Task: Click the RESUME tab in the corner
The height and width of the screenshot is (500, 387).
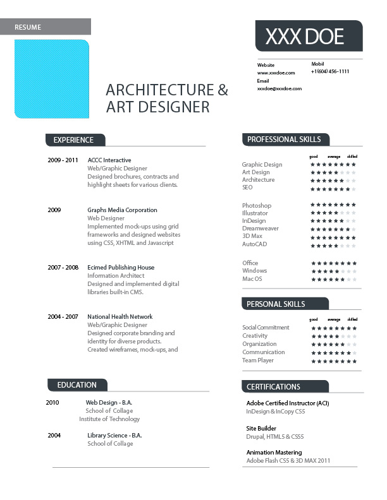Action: pos(28,27)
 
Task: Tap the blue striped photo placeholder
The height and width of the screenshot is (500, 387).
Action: pos(52,79)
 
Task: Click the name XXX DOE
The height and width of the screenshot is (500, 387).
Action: pos(304,37)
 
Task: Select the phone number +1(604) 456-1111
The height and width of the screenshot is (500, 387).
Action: pos(330,72)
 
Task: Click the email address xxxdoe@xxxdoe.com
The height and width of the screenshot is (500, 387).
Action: pos(279,89)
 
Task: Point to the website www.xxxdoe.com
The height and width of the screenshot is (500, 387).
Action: pos(277,73)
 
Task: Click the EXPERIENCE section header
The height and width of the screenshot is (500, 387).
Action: pos(73,140)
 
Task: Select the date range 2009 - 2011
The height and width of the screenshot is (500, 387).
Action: pos(63,160)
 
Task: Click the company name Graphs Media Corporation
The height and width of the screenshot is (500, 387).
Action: pos(122,210)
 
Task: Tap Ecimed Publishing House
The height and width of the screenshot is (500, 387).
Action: pos(121,268)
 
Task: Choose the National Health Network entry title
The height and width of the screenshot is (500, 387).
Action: pos(120,317)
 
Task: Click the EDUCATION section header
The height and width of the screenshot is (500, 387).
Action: pos(77,385)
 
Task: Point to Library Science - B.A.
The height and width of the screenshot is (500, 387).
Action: pos(114,436)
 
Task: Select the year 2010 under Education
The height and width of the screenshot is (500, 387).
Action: pos(52,402)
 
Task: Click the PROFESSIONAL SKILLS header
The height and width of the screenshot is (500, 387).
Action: pos(284,140)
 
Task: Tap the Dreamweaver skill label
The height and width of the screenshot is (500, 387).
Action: pos(261,229)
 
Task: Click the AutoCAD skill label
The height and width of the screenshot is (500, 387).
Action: pos(255,244)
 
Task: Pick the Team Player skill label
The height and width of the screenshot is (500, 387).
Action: pos(258,360)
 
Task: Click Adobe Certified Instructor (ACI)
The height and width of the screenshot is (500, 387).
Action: pos(288,403)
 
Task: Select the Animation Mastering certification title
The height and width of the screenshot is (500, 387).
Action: pos(274,453)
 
